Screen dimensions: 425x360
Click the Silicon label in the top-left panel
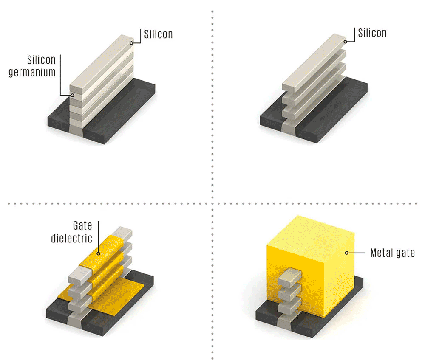pos(158,34)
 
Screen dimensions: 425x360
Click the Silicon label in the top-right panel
pos(372,33)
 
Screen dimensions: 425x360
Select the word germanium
pos(32,73)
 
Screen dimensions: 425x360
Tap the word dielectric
pos(71,239)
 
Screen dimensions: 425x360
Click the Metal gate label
pos(392,253)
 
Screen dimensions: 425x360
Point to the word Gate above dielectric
pos(82,225)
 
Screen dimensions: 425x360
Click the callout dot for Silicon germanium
pos(72,95)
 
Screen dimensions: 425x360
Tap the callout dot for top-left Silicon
pos(131,43)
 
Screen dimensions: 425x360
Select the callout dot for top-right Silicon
pos(345,42)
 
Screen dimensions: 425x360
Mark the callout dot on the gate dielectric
pos(99,253)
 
